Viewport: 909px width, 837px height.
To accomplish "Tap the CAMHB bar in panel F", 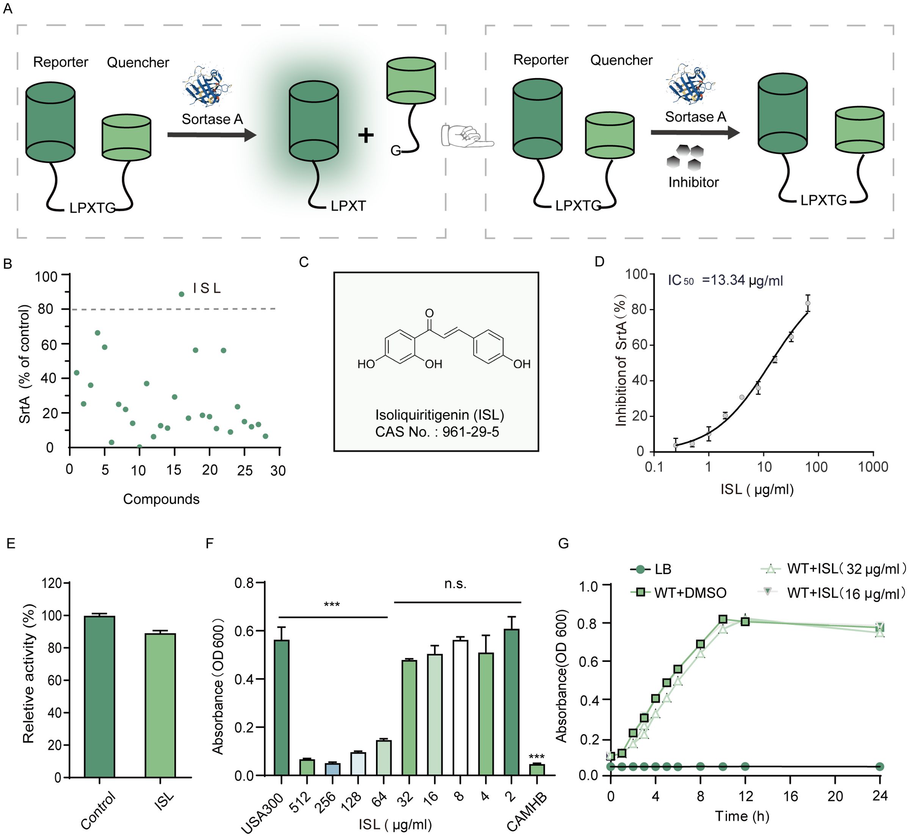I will pos(537,770).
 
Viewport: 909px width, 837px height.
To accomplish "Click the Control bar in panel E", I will pos(99,697).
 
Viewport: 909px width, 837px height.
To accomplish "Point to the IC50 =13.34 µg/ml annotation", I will pos(725,281).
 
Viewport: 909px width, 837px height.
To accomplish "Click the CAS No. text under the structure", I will pos(437,432).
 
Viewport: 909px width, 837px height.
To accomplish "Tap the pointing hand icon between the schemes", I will pos(467,135).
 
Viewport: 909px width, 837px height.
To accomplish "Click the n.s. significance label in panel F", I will pos(455,584).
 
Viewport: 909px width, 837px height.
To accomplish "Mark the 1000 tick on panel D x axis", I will pos(873,467).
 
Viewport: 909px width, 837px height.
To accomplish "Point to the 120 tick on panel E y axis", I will pos(52,583).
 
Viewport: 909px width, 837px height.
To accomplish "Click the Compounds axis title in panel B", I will pos(161,499).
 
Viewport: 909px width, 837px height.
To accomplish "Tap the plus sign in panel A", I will pos(366,135).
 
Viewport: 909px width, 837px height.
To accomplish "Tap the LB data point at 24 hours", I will pos(879,766).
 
